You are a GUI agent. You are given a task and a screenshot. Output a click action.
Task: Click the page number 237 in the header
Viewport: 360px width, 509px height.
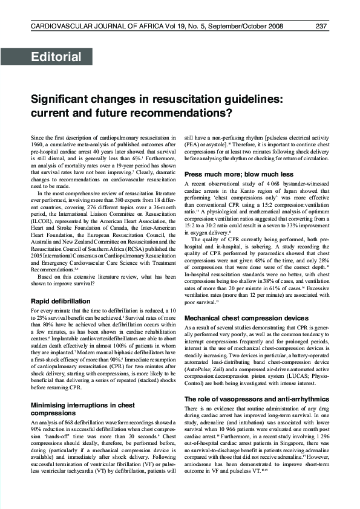(322, 26)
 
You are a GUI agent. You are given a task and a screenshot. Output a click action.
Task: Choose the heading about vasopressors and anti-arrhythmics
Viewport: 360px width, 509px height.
(257, 383)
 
